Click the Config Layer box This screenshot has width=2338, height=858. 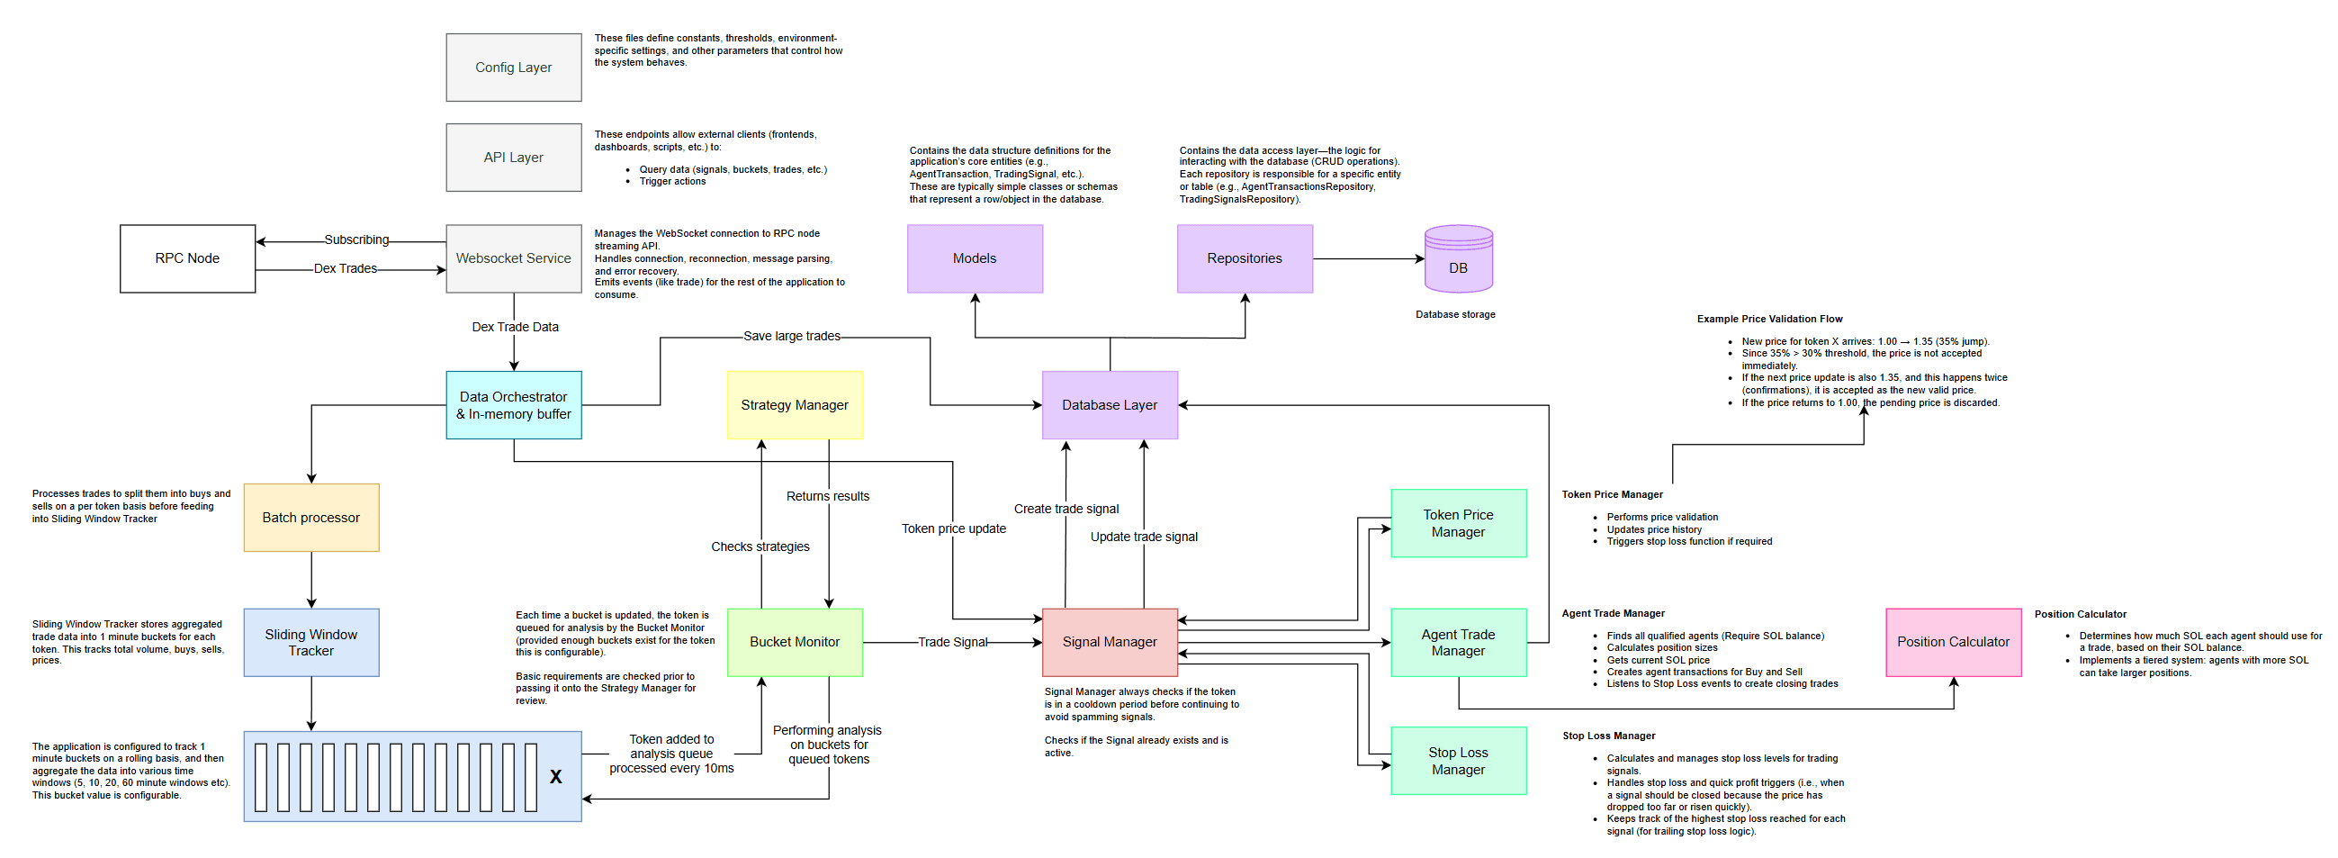pyautogui.click(x=514, y=68)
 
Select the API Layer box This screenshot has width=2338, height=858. pyautogui.click(x=514, y=157)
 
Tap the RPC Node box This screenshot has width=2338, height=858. pyautogui.click(x=188, y=258)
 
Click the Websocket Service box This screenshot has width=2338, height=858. pyautogui.click(x=514, y=258)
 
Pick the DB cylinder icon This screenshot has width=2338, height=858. pyautogui.click(x=1459, y=258)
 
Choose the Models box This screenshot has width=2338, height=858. pyautogui.click(x=975, y=258)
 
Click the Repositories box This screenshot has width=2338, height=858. pyautogui.click(x=1245, y=258)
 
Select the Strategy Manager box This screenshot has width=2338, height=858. pyautogui.click(x=795, y=405)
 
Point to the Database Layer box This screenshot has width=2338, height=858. pyautogui.click(x=1110, y=405)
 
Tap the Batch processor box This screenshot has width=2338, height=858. pyautogui.click(x=311, y=518)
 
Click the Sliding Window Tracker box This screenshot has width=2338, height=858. pyautogui.click(x=311, y=643)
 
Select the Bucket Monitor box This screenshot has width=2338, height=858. pyautogui.click(x=795, y=643)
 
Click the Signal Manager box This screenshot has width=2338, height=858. pyautogui.click(x=1110, y=643)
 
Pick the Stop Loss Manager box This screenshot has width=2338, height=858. pyautogui.click(x=1459, y=761)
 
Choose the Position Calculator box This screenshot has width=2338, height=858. pyautogui.click(x=1953, y=643)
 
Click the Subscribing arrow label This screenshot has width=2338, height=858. pyautogui.click(x=356, y=239)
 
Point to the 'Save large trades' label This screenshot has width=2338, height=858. pyautogui.click(x=792, y=336)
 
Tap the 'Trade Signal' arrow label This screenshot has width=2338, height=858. pyautogui.click(x=952, y=642)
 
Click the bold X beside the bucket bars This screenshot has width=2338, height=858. pyautogui.click(x=555, y=777)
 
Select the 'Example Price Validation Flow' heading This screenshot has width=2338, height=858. pyautogui.click(x=1770, y=319)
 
